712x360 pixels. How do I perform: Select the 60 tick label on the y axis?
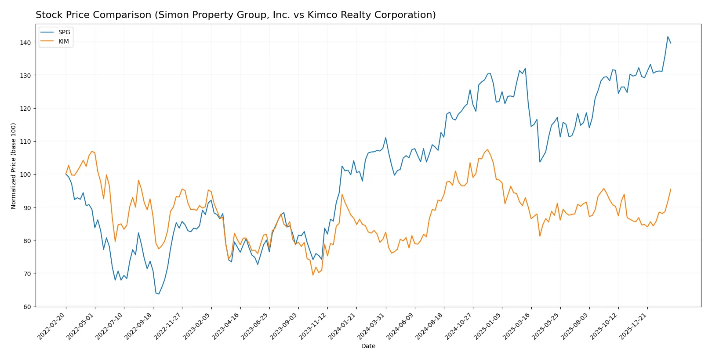[x=27, y=307]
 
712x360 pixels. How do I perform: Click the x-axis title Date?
[x=368, y=346]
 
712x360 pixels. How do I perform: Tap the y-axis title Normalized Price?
[x=14, y=166]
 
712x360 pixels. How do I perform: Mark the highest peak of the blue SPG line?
[x=668, y=36]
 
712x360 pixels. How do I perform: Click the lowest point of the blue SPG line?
[x=159, y=294]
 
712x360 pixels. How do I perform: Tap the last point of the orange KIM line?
[x=671, y=189]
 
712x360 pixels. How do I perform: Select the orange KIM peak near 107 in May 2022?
[x=92, y=151]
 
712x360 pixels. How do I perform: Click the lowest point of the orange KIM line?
[x=313, y=275]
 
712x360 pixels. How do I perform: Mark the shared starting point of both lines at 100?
[x=66, y=174]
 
